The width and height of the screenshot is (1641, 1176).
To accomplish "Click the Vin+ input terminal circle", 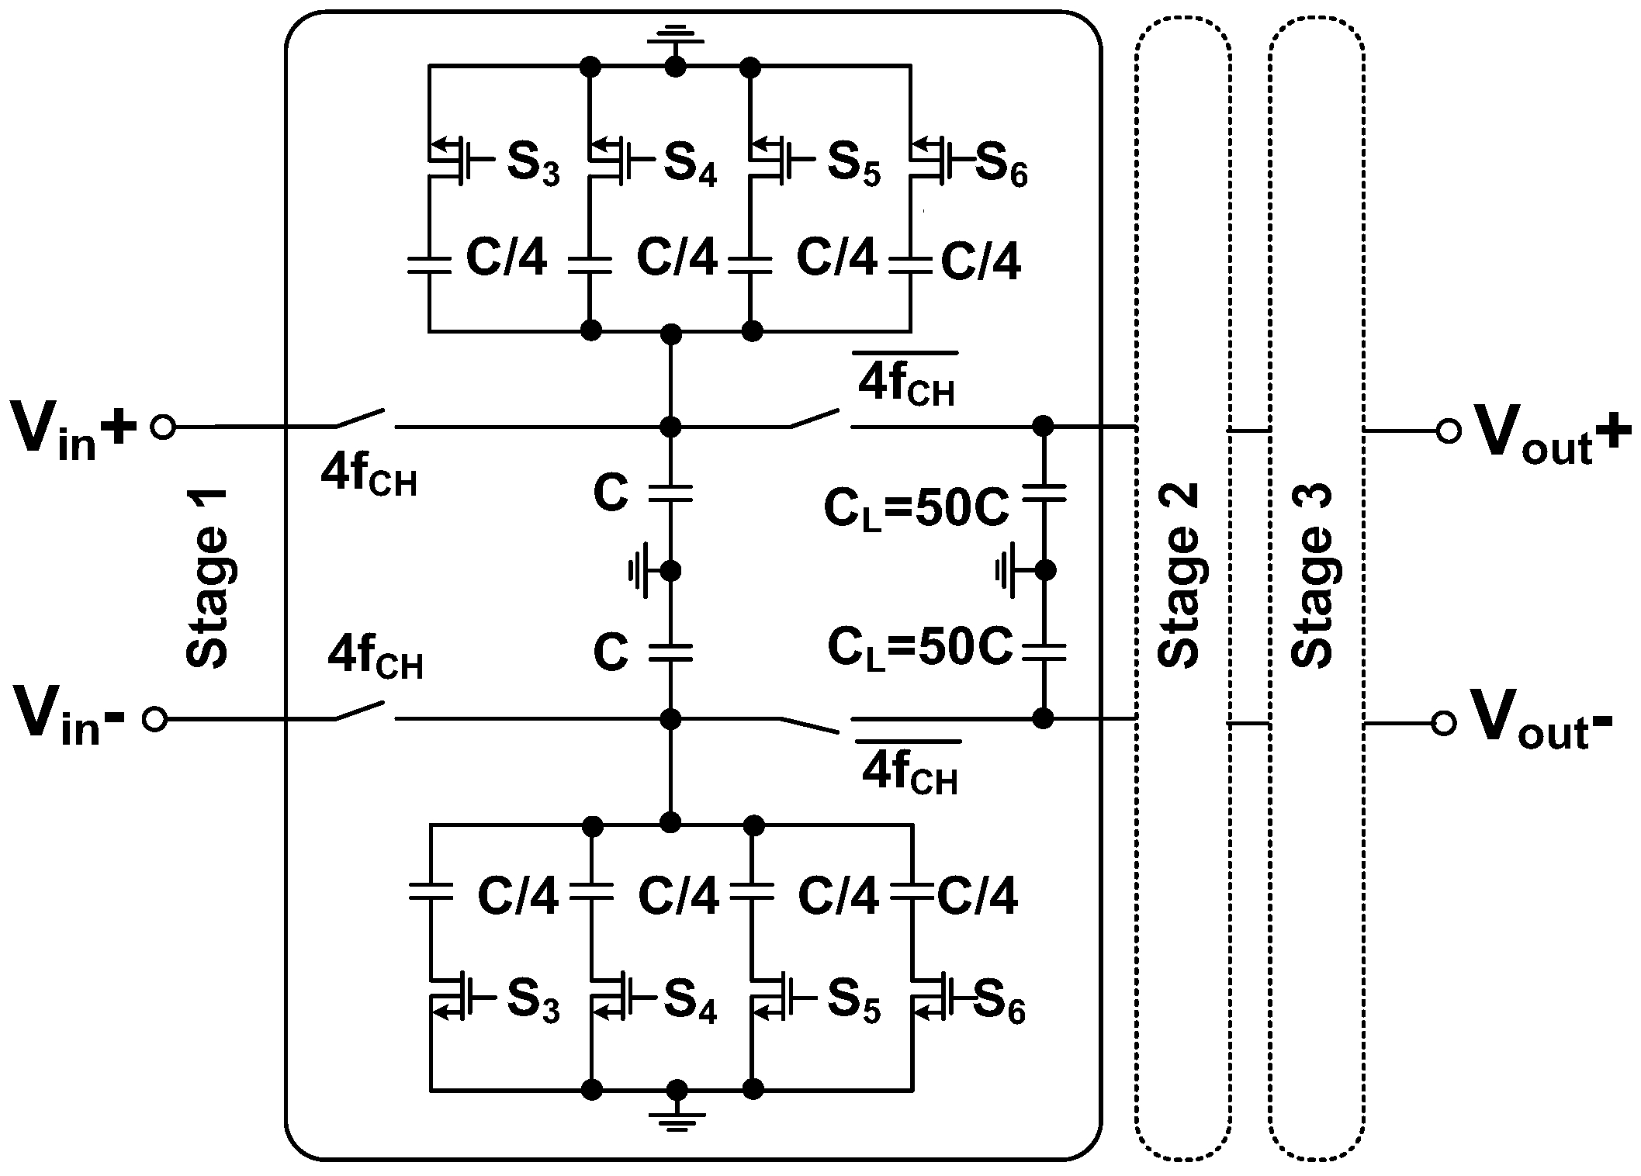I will [163, 427].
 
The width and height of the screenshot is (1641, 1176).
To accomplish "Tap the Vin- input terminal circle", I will [155, 720].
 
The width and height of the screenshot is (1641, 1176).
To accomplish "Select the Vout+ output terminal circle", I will [1448, 431].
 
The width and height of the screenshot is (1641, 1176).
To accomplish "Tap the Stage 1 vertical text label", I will [208, 578].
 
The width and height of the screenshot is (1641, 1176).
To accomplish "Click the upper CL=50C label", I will [916, 510].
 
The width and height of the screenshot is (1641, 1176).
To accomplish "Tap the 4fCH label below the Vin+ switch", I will [369, 476].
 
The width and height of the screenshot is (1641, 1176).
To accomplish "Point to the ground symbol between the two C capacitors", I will [644, 572].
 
